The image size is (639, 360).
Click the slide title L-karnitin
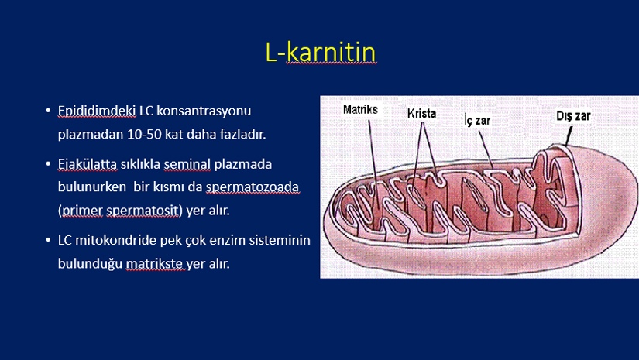[x=321, y=52]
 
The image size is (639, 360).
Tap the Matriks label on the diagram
[x=360, y=109]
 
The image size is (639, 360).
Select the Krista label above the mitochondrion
[x=421, y=113]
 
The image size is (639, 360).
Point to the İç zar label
[x=477, y=120]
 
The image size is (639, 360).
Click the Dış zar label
[x=573, y=116]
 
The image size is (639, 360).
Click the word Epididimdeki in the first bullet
[x=97, y=111]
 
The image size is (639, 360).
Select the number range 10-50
[x=144, y=135]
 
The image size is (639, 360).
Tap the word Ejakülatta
[x=88, y=164]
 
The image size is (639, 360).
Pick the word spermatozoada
[x=253, y=187]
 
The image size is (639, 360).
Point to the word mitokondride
[x=115, y=240]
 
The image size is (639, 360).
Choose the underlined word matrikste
[x=154, y=264]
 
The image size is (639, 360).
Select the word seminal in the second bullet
[x=187, y=164]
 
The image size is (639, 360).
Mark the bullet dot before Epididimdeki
[x=49, y=111]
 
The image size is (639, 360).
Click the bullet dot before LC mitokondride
[x=49, y=240]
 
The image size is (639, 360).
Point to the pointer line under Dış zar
[x=569, y=135]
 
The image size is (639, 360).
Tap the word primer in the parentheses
[x=82, y=211]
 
